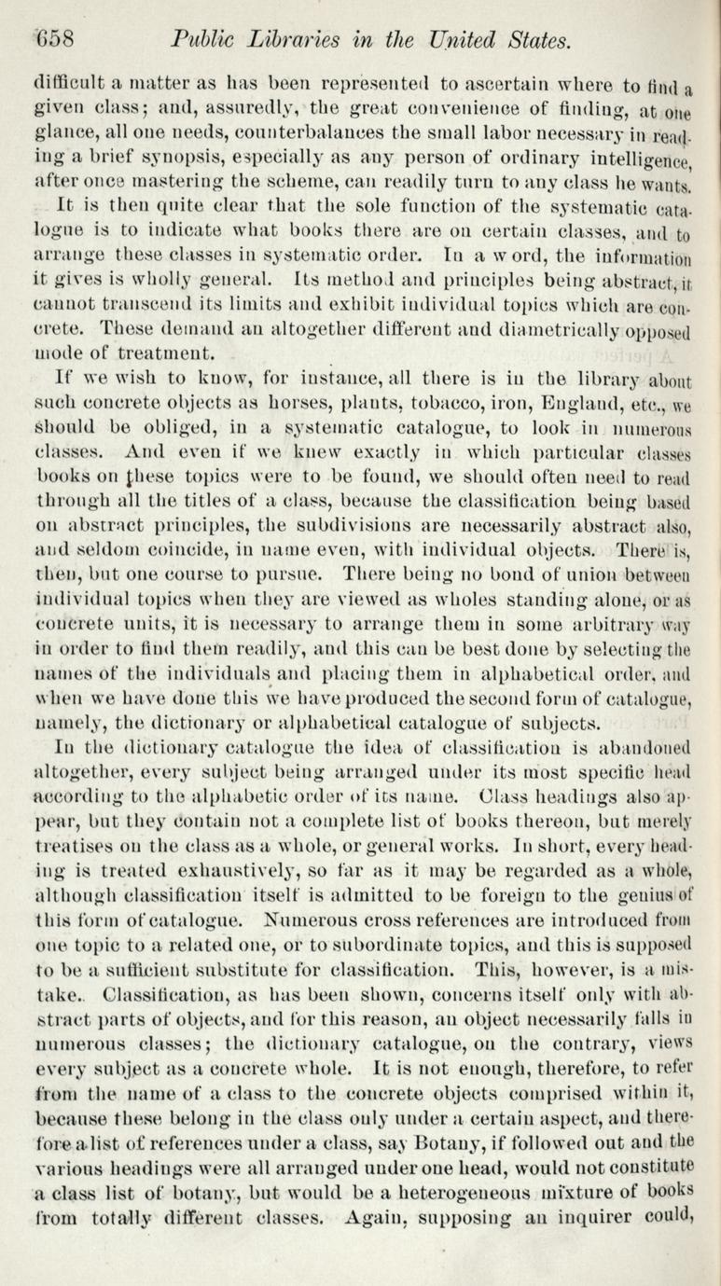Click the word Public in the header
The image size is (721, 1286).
[201, 40]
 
